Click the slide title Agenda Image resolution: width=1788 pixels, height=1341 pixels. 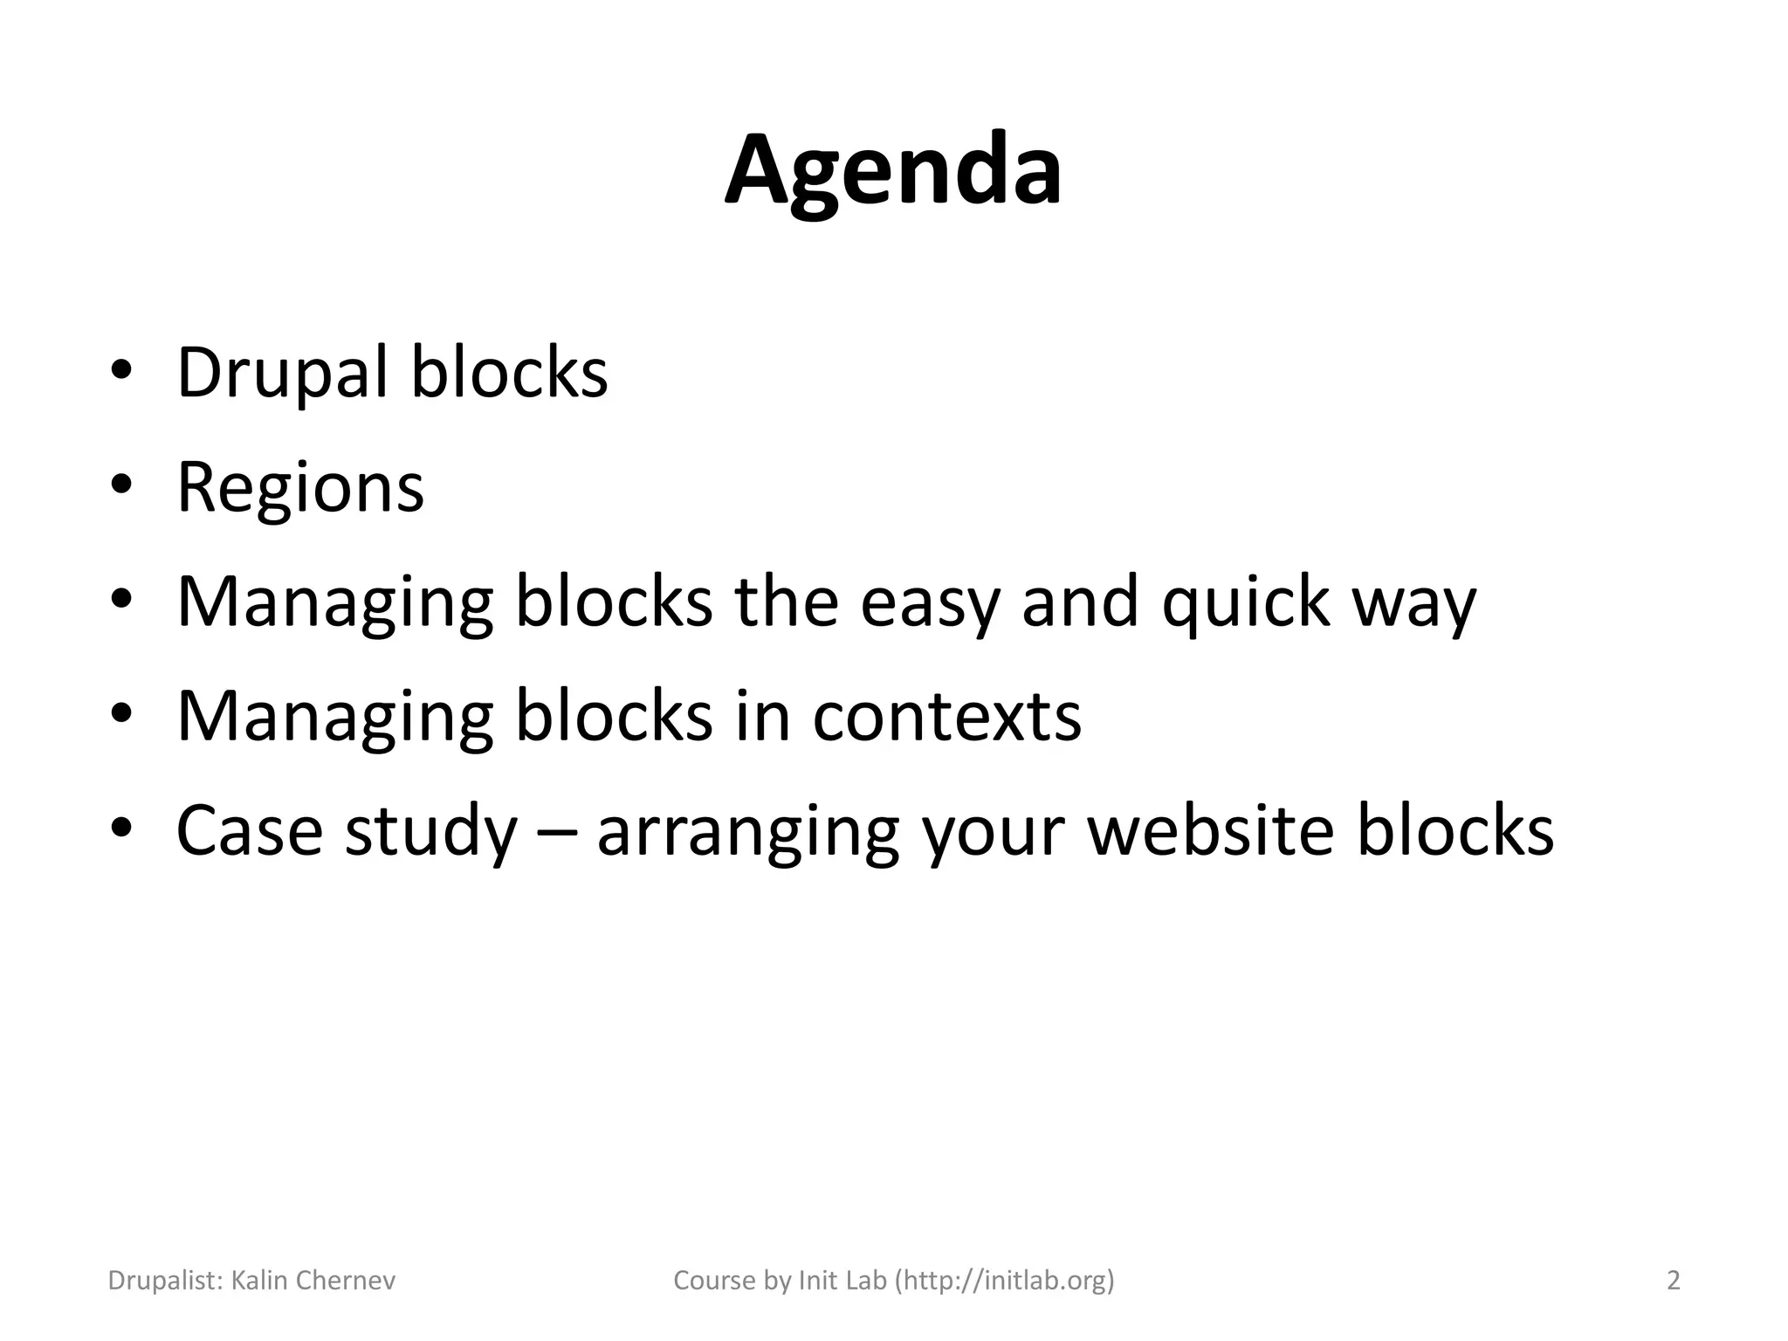pos(893,170)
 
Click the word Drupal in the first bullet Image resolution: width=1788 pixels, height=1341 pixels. pos(281,373)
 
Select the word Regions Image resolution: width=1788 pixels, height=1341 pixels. pos(299,488)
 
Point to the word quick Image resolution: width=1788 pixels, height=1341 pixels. pos(1245,603)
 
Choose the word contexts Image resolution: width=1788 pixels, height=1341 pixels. pos(946,717)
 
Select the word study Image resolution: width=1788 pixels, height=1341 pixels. pos(430,832)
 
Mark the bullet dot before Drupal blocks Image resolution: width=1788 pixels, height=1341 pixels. pos(121,370)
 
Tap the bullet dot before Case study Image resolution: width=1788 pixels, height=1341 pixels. pos(121,828)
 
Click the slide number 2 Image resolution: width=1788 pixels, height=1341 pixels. pos(1674,1281)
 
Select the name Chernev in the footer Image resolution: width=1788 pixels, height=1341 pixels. pos(347,1281)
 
